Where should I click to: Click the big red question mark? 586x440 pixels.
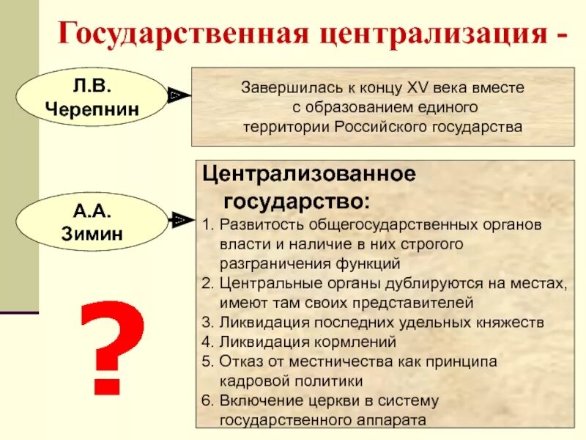[x=111, y=349]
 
